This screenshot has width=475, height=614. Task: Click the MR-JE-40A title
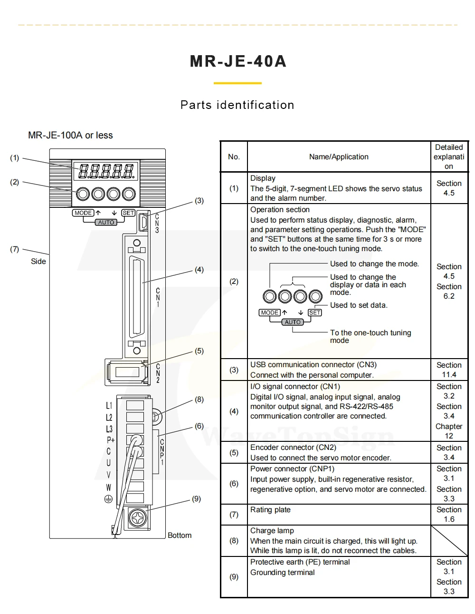coord(238,61)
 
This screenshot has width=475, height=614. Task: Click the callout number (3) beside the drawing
coord(199,201)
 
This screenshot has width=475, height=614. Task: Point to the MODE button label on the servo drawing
coord(83,213)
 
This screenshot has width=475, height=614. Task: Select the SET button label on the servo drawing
coord(128,213)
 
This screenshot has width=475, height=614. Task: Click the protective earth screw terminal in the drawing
coord(138,518)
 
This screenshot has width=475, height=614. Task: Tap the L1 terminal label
coord(109,406)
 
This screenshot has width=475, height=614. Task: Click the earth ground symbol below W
coord(109,499)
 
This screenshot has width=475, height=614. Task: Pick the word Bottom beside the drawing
coord(180,535)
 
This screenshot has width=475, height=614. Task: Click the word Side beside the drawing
coord(38,262)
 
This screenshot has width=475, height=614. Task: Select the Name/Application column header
coord(339,157)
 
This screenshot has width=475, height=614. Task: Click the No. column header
coord(234,157)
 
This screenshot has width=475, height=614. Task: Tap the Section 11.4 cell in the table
coord(449,370)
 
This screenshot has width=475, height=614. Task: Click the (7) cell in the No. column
coord(234,514)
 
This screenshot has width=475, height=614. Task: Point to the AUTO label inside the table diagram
coord(293,322)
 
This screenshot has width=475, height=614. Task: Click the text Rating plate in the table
coord(270,509)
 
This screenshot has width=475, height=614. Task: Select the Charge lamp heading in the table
coord(272,530)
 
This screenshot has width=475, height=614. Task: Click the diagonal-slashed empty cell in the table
coord(449,541)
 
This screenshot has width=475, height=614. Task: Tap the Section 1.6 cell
coord(449,514)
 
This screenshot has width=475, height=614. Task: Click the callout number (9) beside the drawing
coord(196,499)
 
